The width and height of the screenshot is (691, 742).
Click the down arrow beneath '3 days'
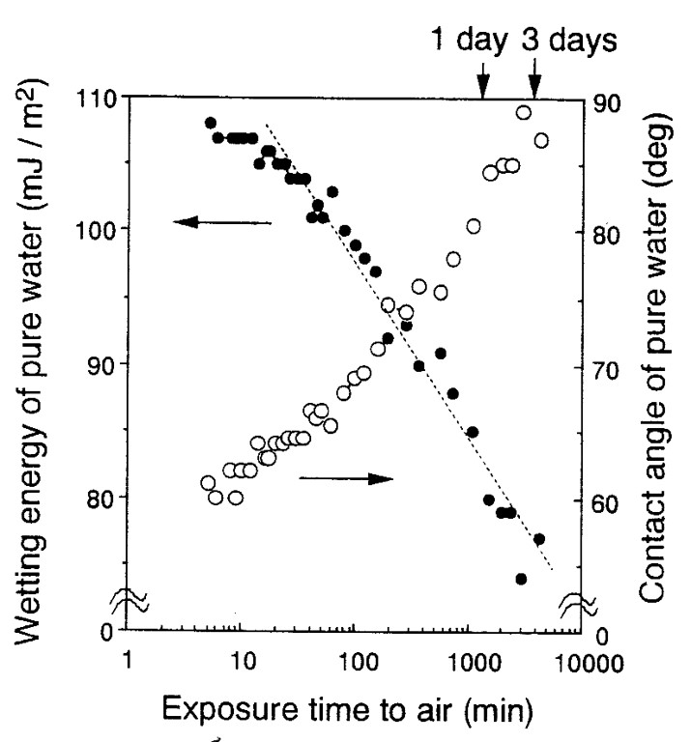pos(534,82)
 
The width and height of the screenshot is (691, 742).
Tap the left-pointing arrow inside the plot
pos(222,222)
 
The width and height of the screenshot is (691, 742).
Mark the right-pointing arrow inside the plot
pos(346,479)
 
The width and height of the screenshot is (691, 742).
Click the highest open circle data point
pos(523,112)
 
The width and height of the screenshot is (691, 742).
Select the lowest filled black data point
pos(521,579)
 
